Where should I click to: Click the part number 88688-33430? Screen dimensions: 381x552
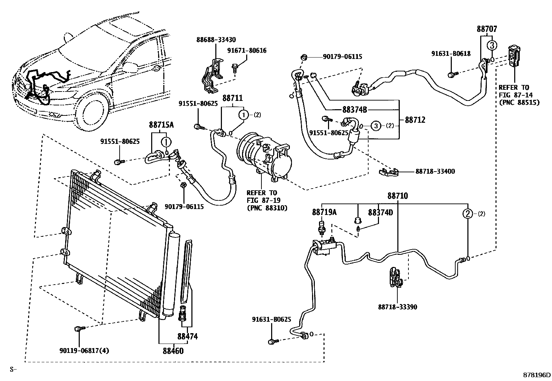click(216, 40)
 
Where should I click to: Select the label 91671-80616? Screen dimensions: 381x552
click(247, 51)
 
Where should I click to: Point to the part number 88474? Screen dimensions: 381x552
click(187, 336)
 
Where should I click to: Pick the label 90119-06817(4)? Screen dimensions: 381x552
click(84, 350)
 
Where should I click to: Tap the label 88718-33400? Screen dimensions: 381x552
click(435, 171)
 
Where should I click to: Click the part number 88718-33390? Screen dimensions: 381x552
click(397, 307)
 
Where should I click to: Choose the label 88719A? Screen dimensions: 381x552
click(324, 212)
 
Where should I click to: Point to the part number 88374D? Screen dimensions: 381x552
click(380, 212)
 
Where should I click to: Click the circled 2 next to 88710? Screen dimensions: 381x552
click(468, 214)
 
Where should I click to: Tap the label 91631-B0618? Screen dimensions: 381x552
click(451, 53)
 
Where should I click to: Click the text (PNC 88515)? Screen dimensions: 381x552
click(519, 103)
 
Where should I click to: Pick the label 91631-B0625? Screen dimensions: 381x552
click(271, 320)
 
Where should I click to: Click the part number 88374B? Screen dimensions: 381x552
click(354, 110)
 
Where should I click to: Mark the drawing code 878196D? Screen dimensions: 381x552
click(537, 375)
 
